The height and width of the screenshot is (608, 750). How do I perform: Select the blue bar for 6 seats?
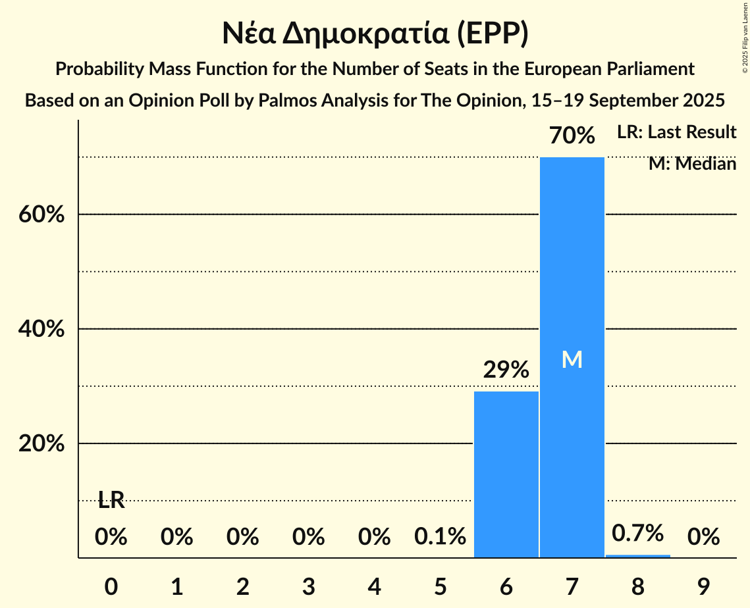(x=506, y=474)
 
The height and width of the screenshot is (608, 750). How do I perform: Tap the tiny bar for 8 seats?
(x=637, y=556)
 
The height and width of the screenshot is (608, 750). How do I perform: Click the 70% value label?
(x=572, y=136)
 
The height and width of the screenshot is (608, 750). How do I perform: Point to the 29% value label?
(x=506, y=370)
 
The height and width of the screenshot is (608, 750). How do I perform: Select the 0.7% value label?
(x=637, y=533)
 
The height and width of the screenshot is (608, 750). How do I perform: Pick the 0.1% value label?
(x=440, y=537)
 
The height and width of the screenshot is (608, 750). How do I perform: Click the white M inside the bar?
(x=572, y=359)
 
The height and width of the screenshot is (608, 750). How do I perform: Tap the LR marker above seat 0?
(x=111, y=500)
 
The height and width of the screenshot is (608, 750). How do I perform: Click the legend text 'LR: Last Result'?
(x=676, y=132)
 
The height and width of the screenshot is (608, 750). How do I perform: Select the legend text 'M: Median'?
(x=692, y=163)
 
